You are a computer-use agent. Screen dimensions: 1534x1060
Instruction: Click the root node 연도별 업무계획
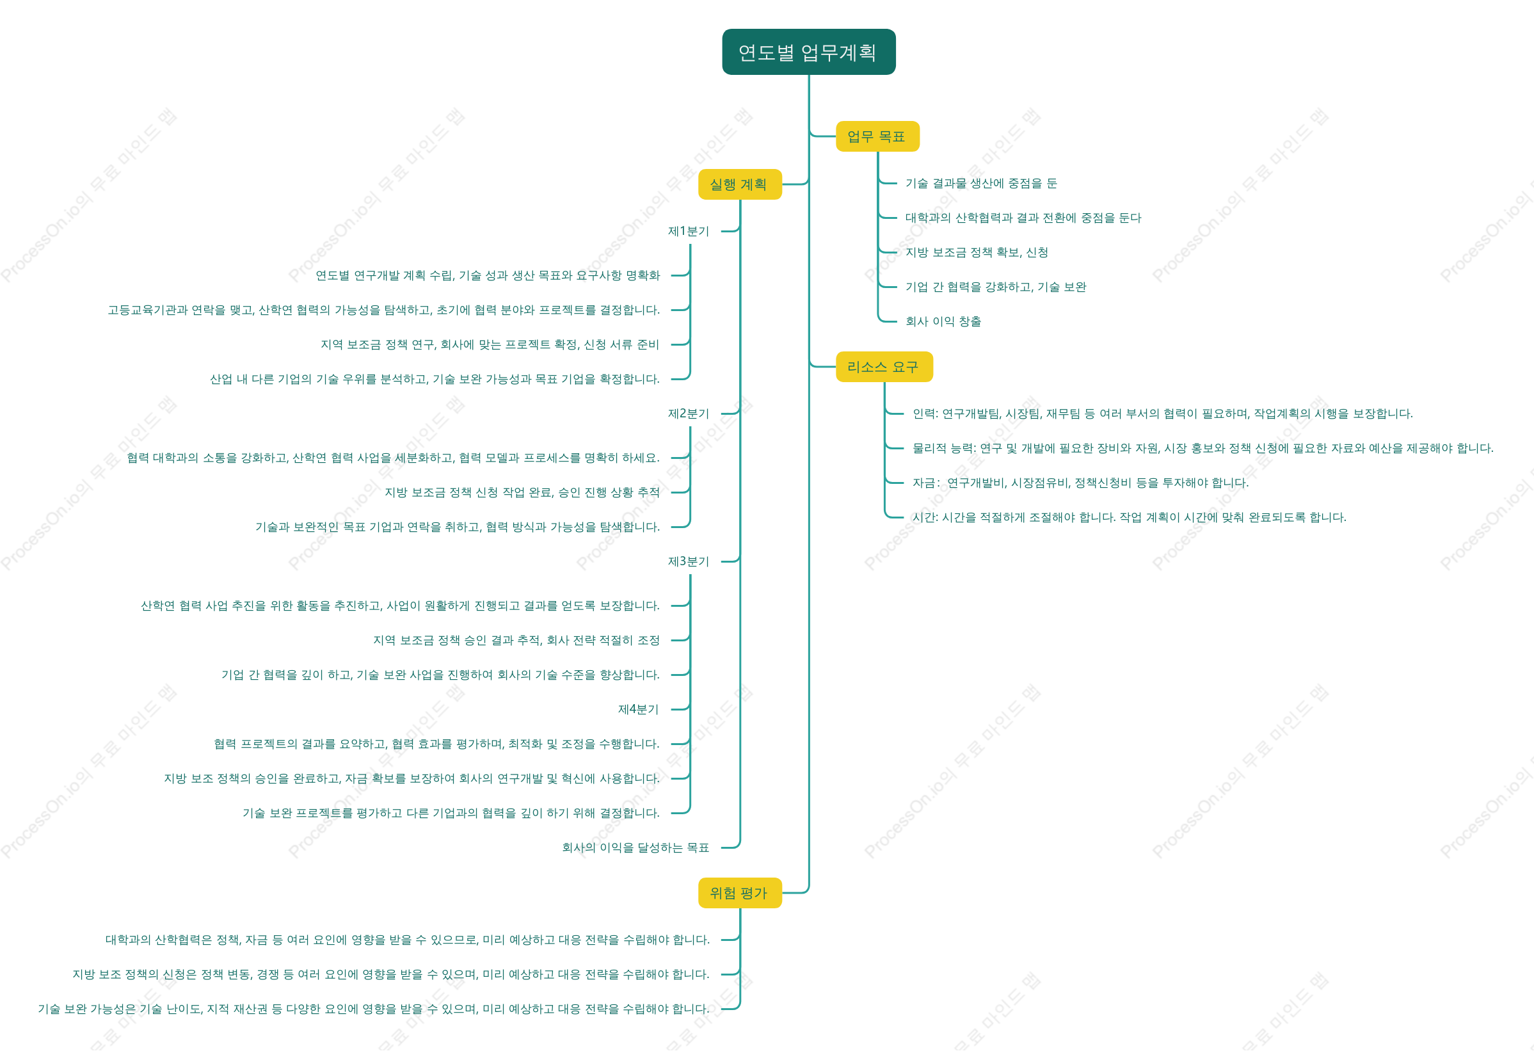tap(808, 52)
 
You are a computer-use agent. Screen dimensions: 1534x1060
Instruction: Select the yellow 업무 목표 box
tap(877, 136)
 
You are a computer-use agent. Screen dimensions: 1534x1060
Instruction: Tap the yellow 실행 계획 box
tap(740, 184)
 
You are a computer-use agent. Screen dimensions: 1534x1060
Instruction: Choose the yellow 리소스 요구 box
tap(884, 367)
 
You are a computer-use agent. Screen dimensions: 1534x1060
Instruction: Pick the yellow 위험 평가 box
tap(740, 893)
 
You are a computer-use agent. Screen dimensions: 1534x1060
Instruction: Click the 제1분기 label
tap(689, 231)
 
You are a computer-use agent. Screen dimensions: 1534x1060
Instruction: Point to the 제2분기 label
tap(689, 414)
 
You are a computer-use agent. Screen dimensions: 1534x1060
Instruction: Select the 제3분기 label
tap(689, 561)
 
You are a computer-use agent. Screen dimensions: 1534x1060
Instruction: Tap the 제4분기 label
tap(638, 709)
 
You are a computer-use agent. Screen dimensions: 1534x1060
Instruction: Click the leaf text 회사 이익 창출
tap(943, 321)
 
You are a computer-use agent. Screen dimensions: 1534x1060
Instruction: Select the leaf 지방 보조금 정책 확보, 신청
tap(976, 252)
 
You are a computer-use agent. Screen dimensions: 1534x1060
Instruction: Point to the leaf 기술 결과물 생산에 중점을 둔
tap(981, 183)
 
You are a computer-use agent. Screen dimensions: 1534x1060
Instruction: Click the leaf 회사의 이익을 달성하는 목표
tap(635, 847)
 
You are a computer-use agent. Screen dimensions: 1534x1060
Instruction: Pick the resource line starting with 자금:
tap(1080, 483)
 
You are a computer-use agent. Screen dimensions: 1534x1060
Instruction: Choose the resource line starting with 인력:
tap(1162, 414)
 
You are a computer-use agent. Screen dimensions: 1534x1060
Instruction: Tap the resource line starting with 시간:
tap(1129, 517)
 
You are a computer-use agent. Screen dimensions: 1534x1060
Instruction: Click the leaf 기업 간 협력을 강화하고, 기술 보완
tap(995, 287)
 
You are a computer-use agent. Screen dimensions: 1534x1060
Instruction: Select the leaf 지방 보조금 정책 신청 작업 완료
tap(522, 492)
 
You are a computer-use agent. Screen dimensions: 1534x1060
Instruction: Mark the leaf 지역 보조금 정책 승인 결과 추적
tap(516, 640)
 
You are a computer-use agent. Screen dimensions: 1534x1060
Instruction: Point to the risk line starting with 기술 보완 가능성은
tap(374, 1009)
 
